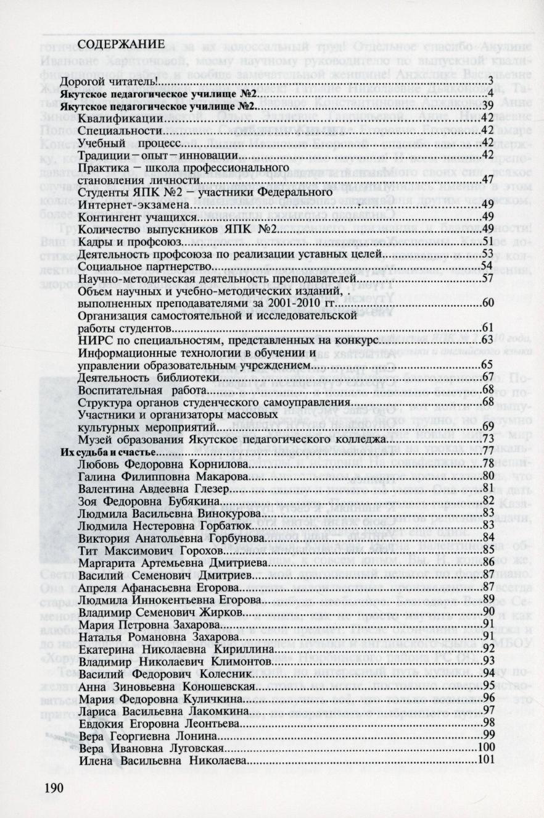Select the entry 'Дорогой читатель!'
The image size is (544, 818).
click(x=109, y=81)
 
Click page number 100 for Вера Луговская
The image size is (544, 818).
click(x=487, y=747)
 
